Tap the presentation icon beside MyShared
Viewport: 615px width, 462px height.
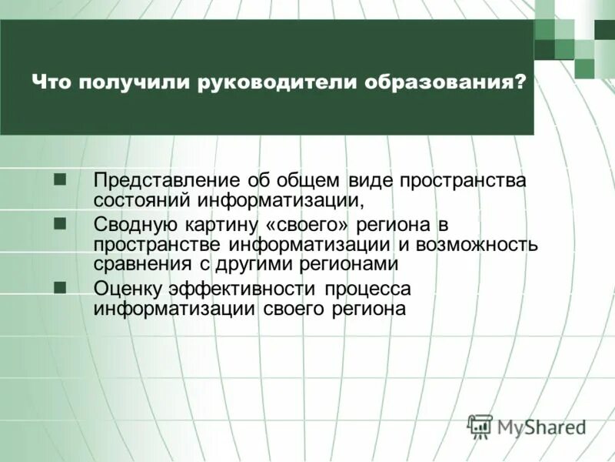pyautogui.click(x=480, y=425)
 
